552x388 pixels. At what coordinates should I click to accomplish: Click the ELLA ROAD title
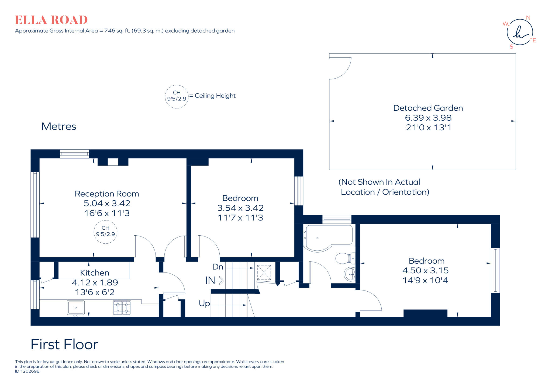click(x=51, y=20)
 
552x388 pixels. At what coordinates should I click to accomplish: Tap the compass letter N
click(x=528, y=18)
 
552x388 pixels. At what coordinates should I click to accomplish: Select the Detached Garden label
click(x=428, y=108)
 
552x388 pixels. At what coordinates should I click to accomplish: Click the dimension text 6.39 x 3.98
click(x=428, y=118)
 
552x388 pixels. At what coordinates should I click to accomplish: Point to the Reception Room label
click(x=107, y=194)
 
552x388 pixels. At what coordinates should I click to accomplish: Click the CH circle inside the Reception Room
click(x=105, y=231)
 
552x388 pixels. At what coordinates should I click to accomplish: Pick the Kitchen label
click(x=95, y=273)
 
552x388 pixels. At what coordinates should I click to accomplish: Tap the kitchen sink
click(x=76, y=307)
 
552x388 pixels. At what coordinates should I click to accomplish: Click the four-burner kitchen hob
click(x=122, y=308)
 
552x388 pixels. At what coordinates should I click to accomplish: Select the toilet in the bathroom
click(x=345, y=258)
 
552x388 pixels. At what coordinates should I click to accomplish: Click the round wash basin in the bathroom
click(x=350, y=274)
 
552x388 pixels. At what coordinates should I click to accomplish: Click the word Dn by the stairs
click(x=218, y=267)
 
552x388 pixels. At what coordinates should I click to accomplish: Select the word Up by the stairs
click(x=204, y=303)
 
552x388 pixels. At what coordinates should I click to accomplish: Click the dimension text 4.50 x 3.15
click(x=425, y=270)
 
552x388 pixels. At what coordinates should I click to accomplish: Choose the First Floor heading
click(x=64, y=344)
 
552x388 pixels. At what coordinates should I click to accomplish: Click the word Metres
click(x=59, y=126)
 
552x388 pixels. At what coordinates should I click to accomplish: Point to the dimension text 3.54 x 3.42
click(x=240, y=208)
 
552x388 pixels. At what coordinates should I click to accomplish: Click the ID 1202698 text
click(x=27, y=371)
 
